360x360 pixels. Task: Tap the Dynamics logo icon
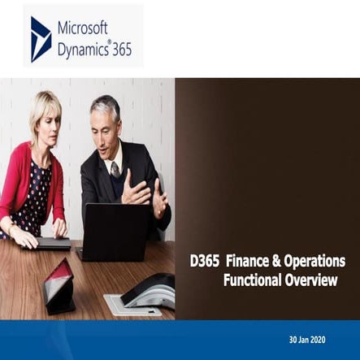[x=41, y=39]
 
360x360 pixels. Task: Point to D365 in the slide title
[x=206, y=261]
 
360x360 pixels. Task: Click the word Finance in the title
[x=254, y=261]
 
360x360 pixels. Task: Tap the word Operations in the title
[x=318, y=261]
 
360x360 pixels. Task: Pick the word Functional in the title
[x=258, y=280]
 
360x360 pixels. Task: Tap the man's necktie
[x=115, y=169]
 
